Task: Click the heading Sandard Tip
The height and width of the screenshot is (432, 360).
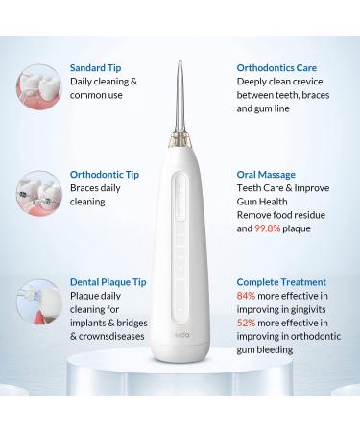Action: [x=95, y=68]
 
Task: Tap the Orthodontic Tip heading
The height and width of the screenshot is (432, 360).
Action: [x=105, y=175]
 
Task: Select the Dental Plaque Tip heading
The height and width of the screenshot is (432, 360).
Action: [x=108, y=282]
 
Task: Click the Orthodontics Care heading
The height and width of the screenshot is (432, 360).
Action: [x=276, y=68]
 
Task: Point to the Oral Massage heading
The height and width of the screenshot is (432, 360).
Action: [x=266, y=175]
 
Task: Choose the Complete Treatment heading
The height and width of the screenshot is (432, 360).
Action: [x=281, y=282]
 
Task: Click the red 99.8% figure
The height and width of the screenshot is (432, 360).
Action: [x=268, y=228]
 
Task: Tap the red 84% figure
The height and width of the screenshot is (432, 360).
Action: [x=246, y=296]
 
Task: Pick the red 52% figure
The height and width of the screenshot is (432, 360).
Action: [x=246, y=323]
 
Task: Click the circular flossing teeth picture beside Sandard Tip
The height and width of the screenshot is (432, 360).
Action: [x=39, y=86]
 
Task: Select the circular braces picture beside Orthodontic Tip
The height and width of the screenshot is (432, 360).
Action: [x=39, y=193]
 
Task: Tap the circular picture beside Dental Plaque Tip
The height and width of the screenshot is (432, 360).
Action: [x=39, y=301]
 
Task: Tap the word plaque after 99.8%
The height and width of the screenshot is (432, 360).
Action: [x=297, y=228]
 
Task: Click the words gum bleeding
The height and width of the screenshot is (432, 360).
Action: [x=265, y=350]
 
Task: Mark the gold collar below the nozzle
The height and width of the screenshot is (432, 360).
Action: [x=180, y=141]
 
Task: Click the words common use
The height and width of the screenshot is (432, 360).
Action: [x=96, y=95]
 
